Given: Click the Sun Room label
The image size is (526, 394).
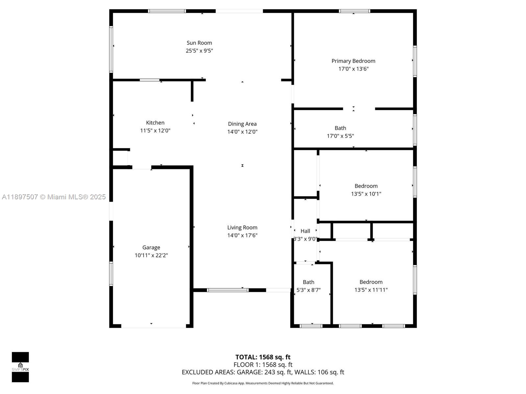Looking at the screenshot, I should [199, 43].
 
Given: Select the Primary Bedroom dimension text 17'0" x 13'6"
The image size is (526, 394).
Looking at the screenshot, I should [353, 69].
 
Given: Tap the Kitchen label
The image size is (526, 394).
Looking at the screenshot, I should [155, 122].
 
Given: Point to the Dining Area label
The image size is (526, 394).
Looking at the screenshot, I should [242, 124].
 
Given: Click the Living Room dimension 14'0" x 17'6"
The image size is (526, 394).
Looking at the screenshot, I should [242, 235].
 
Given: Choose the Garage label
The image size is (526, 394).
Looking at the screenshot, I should [151, 247].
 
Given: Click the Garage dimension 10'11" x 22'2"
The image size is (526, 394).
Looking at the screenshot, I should [151, 255].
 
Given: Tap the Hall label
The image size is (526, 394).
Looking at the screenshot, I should [305, 231].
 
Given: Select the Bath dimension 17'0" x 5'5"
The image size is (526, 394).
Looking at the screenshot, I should [340, 136].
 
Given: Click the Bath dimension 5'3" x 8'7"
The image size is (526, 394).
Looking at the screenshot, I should [308, 290].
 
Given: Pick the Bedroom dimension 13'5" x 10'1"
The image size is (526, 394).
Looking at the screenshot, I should [366, 194].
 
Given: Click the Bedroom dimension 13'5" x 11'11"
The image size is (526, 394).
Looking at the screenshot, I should [371, 290].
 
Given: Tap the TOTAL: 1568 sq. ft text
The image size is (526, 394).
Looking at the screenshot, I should [263, 357].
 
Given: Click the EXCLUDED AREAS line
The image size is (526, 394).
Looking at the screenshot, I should [263, 372].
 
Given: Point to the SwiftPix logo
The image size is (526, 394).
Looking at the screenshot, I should [20, 367].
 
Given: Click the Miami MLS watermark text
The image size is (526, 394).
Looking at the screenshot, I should [54, 197].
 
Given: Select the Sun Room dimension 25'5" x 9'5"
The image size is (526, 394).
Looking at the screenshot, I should [199, 51].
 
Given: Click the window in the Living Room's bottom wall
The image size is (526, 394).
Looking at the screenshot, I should [227, 290].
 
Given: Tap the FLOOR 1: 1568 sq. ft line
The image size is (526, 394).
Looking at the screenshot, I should [263, 364].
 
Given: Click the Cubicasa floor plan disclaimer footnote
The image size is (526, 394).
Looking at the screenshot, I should [263, 383].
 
